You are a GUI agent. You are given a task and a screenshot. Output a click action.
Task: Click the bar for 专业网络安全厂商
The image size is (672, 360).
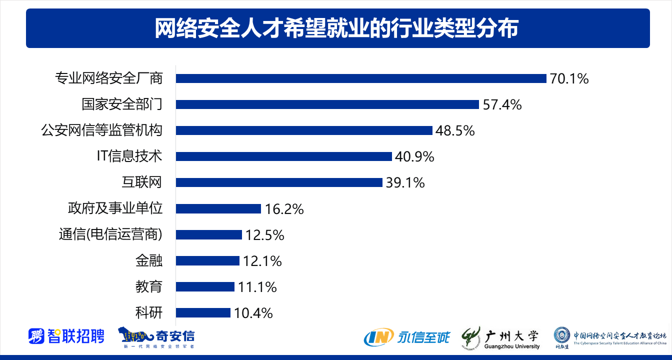click(361, 78)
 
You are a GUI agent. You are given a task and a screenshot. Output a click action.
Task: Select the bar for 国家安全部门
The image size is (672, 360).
click(327, 104)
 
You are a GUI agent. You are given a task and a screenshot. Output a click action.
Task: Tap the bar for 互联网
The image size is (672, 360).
click(279, 182)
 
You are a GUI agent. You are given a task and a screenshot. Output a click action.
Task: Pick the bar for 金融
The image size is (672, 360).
click(207, 260)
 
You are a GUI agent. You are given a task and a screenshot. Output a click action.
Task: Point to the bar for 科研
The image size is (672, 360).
click(203, 312)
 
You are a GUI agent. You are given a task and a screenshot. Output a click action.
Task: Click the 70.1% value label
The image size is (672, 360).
click(569, 78)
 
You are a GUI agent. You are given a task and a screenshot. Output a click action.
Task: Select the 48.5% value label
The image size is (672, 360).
click(455, 130)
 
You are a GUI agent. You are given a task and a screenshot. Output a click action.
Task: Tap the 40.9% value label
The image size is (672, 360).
click(414, 156)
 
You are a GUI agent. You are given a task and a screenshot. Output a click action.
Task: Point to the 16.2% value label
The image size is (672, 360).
click(284, 208)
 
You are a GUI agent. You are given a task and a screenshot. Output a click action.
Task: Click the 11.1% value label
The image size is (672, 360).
click(257, 286)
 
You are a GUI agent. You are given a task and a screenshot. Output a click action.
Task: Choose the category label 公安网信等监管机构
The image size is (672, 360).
click(101, 130)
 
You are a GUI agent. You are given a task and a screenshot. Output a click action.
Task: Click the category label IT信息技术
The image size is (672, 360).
click(129, 156)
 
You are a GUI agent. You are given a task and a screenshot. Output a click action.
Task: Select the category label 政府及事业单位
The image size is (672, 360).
click(115, 208)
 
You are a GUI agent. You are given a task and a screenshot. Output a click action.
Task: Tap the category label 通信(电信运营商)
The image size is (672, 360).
click(110, 234)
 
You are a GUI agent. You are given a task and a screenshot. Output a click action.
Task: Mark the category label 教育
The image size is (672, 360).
click(148, 286)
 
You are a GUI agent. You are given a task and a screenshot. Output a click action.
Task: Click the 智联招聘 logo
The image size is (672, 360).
click(66, 336)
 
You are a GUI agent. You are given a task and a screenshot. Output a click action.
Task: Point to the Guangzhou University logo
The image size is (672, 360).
click(500, 337)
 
